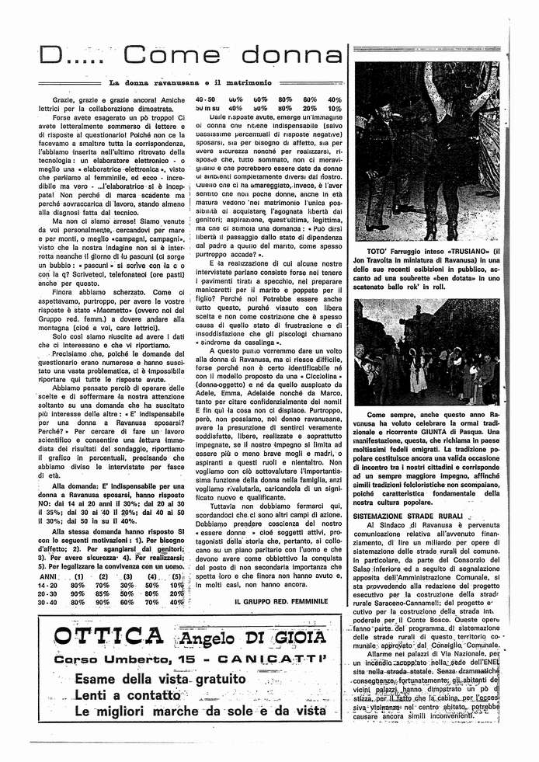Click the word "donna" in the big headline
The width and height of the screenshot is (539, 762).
290,55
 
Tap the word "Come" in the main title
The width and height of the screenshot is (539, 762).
174,55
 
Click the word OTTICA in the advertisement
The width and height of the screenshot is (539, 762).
109,638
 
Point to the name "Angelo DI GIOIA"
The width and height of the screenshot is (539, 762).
249,639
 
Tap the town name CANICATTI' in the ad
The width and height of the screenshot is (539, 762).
274,659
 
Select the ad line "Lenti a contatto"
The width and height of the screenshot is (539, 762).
128,694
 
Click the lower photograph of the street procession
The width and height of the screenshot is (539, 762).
426,351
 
